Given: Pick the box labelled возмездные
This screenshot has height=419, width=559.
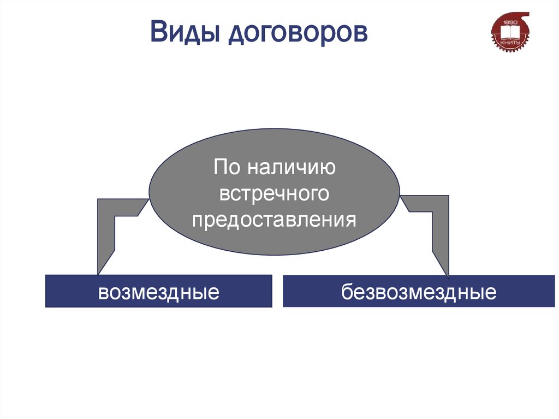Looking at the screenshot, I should click(158, 291).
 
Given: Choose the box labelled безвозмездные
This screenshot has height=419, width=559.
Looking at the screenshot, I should click(419, 291).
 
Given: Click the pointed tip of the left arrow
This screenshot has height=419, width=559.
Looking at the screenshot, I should click(98, 273).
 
